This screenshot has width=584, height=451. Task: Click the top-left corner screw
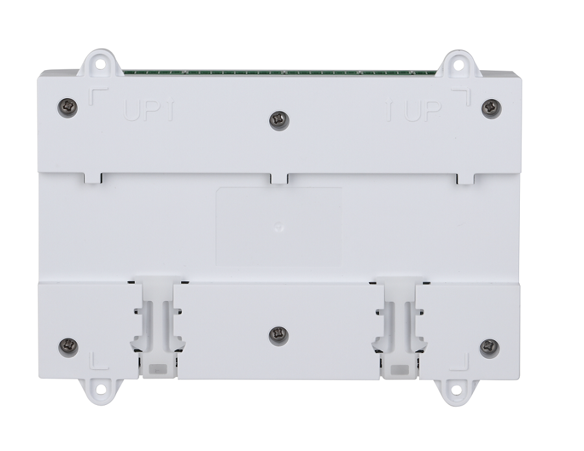tap(67, 108)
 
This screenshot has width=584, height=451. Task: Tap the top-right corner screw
tap(491, 108)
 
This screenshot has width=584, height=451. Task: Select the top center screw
tap(279, 121)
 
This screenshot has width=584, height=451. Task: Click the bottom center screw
tap(278, 335)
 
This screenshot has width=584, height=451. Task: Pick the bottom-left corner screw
tap(69, 347)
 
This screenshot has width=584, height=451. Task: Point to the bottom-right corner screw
tap(489, 347)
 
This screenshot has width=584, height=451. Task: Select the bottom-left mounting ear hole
tap(101, 389)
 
